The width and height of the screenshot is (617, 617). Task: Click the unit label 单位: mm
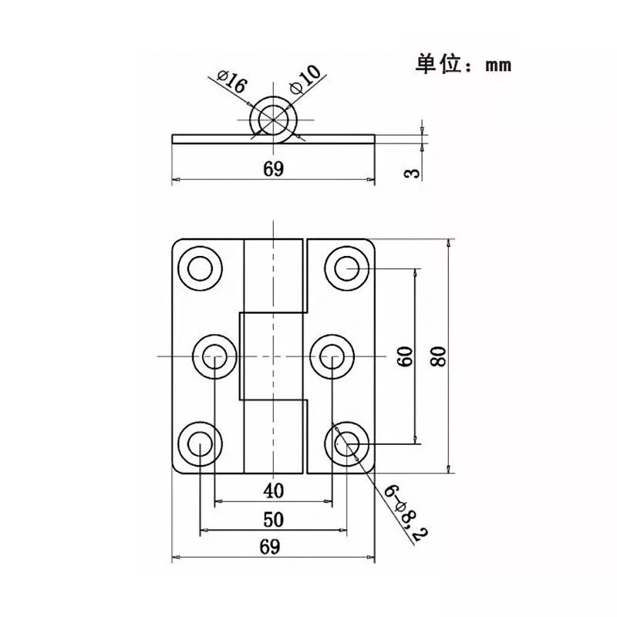click(464, 64)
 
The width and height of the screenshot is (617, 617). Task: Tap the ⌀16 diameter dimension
click(232, 82)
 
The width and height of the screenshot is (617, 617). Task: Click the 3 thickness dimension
click(413, 173)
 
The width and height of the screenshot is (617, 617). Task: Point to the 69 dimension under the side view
click(274, 169)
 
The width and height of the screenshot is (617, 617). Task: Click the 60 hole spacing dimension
click(406, 356)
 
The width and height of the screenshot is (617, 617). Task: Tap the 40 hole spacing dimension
click(274, 491)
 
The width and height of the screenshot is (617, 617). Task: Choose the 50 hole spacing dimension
click(274, 520)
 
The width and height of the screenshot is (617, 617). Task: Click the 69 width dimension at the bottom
click(270, 547)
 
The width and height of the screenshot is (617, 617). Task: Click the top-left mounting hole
click(201, 268)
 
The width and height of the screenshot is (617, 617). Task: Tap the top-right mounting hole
click(346, 268)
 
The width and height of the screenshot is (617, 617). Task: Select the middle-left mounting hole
click(215, 356)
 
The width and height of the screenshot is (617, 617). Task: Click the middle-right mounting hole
click(332, 356)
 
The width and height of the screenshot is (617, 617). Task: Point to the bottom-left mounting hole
click(201, 444)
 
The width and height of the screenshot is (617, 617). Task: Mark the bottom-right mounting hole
click(346, 444)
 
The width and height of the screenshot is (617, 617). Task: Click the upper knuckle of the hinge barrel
click(274, 276)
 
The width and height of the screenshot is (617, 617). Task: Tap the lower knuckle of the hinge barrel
click(274, 437)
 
